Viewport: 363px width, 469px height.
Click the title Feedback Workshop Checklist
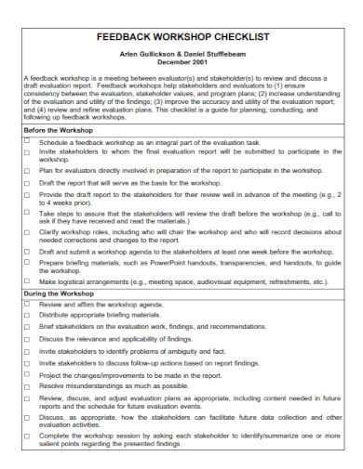click(181, 39)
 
